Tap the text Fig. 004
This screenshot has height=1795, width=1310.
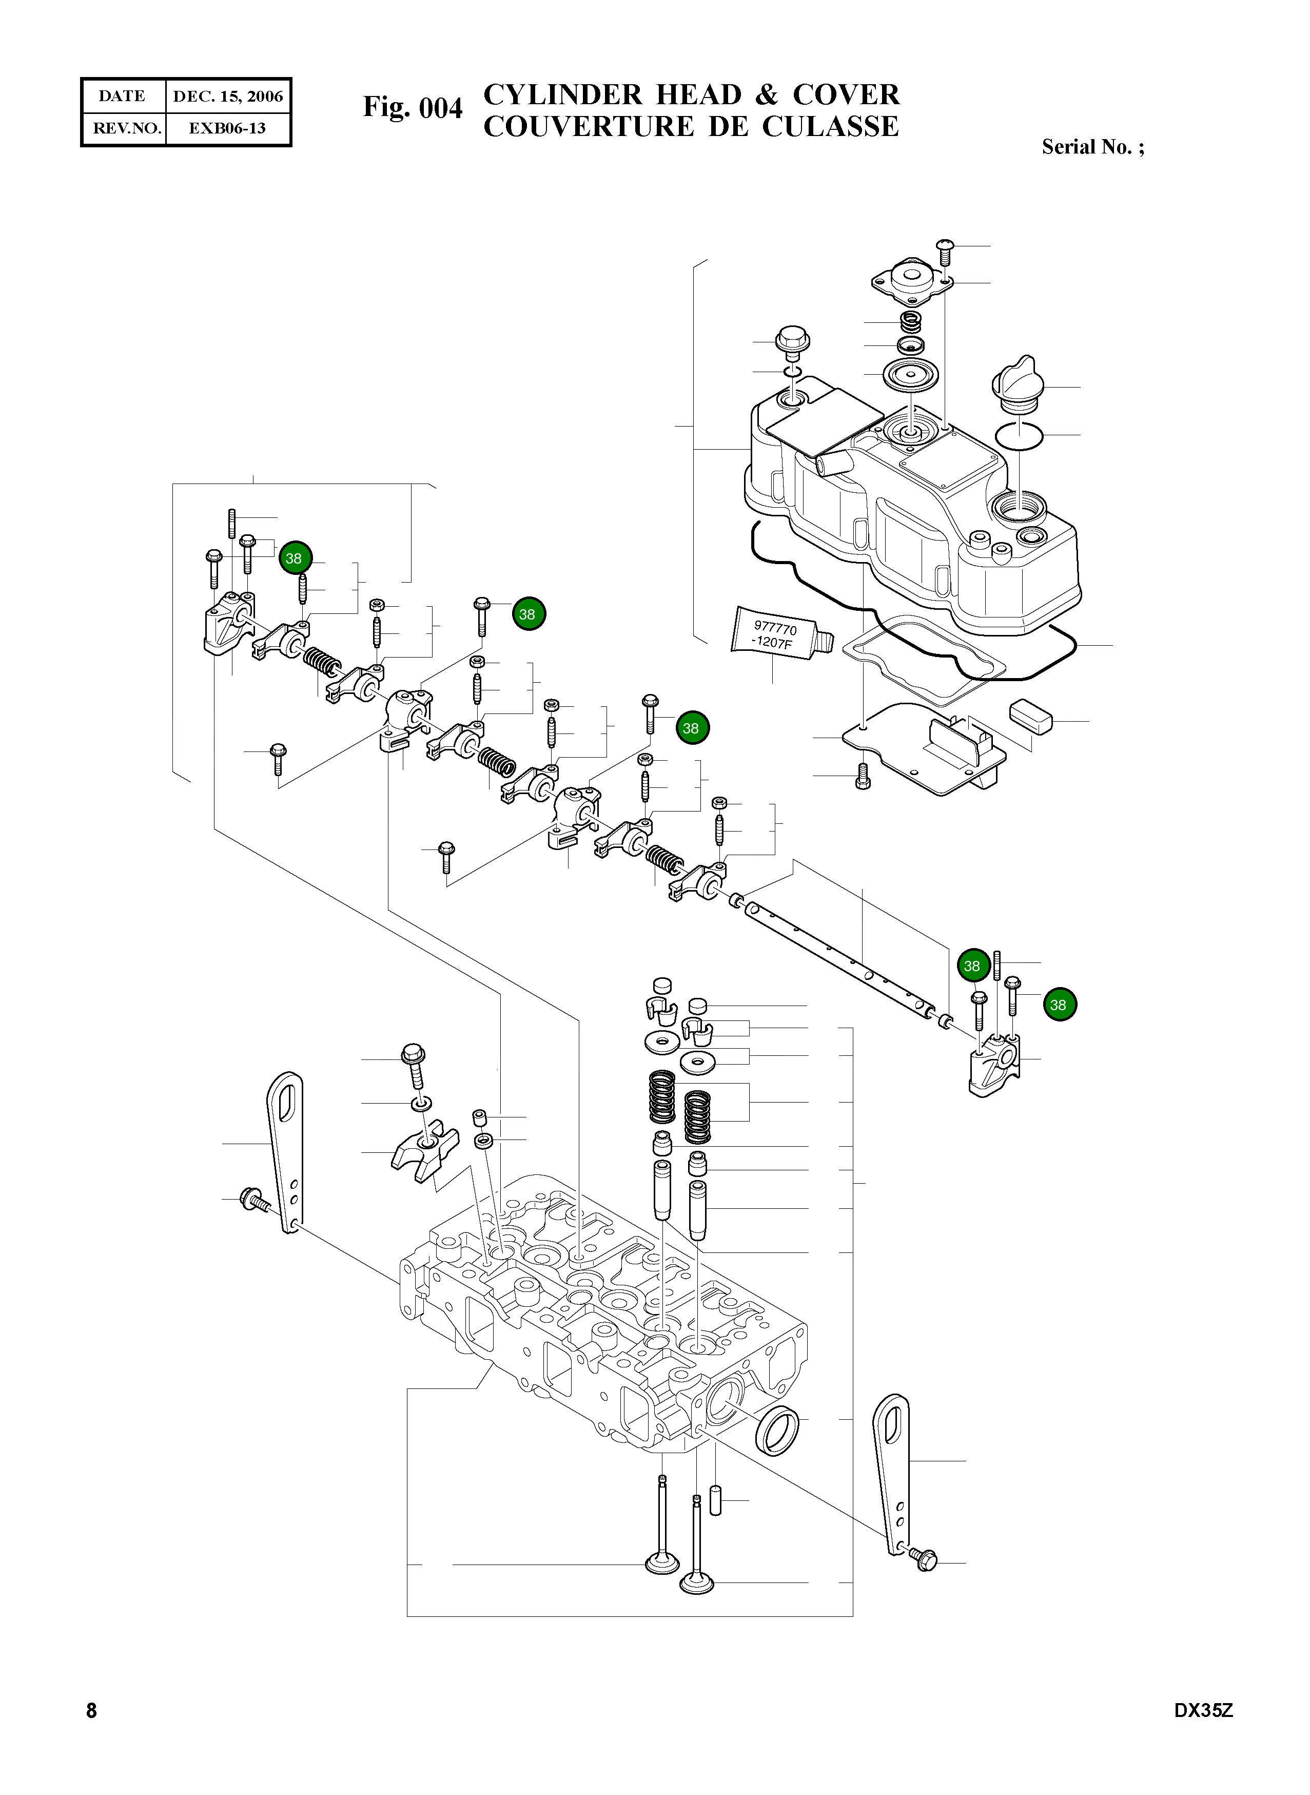click(413, 107)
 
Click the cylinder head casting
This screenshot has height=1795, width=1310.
click(603, 1333)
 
